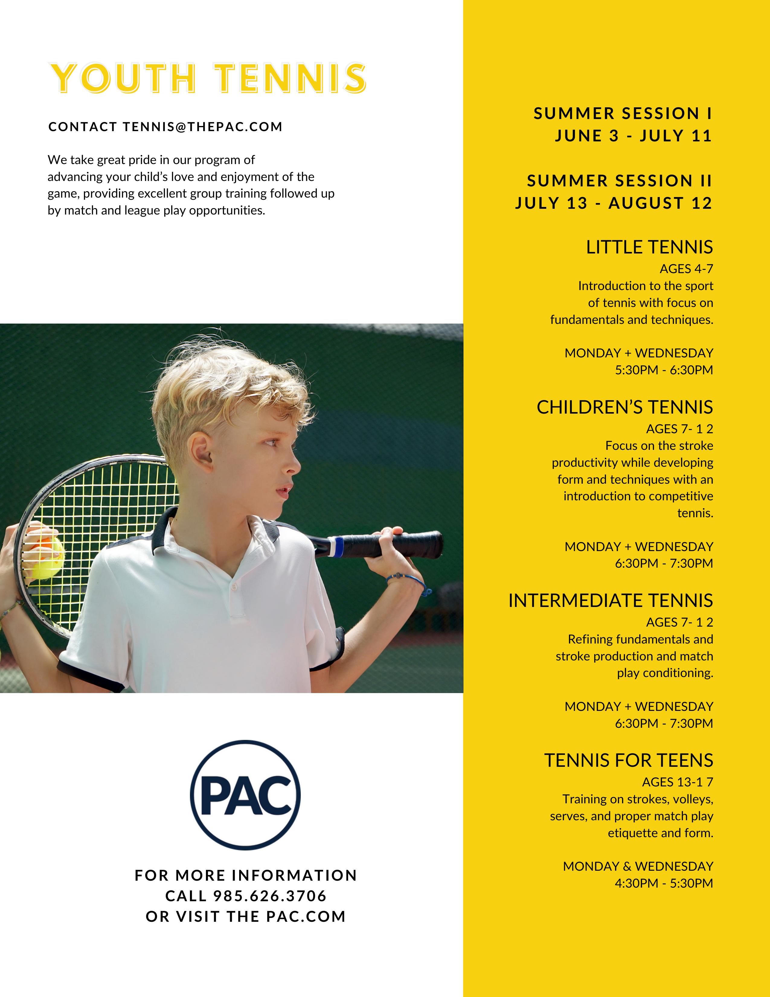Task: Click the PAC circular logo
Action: [245, 795]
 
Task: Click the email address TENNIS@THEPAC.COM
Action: [203, 127]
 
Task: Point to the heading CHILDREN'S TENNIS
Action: [624, 407]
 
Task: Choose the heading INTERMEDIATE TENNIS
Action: [610, 600]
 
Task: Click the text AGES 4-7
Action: [686, 269]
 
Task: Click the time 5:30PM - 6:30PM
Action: [663, 370]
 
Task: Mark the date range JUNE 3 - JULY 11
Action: [633, 136]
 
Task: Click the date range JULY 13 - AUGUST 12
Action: [614, 203]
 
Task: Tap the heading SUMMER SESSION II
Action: [619, 181]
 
